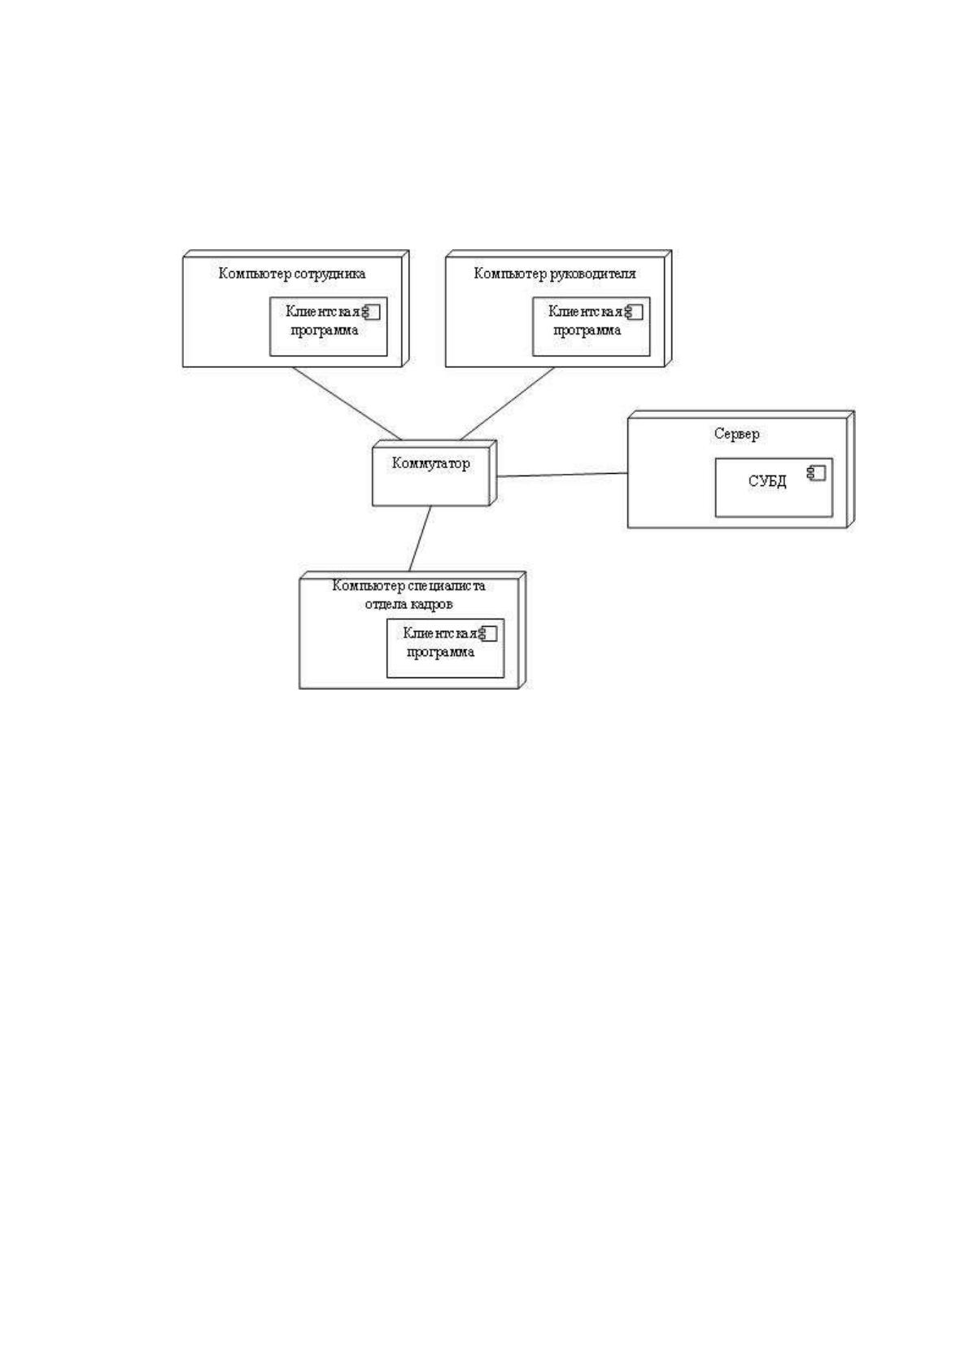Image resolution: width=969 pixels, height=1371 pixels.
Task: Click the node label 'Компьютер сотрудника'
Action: point(292,274)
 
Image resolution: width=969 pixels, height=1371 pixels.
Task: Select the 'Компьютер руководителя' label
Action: point(555,274)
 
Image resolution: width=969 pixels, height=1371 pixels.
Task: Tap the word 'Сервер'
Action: point(736,434)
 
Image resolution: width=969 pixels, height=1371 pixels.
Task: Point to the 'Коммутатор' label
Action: point(430,463)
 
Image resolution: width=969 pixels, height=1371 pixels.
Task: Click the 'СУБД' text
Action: point(767,481)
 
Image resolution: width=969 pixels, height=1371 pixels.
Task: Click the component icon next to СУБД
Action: point(817,473)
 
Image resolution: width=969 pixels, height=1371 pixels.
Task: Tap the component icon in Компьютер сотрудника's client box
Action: point(371,312)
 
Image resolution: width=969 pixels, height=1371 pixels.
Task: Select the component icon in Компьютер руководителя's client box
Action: point(634,312)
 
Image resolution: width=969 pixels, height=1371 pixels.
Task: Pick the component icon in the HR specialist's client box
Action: point(488,634)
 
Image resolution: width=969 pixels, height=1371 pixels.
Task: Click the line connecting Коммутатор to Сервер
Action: point(563,475)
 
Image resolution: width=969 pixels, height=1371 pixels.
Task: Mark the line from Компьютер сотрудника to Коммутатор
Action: point(347,403)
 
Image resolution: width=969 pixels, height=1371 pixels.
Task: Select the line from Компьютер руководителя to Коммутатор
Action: point(507,403)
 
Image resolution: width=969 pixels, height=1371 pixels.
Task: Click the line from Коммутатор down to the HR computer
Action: point(420,539)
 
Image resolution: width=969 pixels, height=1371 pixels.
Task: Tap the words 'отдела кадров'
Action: point(408,605)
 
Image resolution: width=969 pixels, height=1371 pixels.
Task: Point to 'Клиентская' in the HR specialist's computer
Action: point(440,633)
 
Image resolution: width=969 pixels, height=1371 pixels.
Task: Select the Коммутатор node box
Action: point(434,473)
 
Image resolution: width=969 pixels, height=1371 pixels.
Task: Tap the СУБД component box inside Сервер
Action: point(774,487)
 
